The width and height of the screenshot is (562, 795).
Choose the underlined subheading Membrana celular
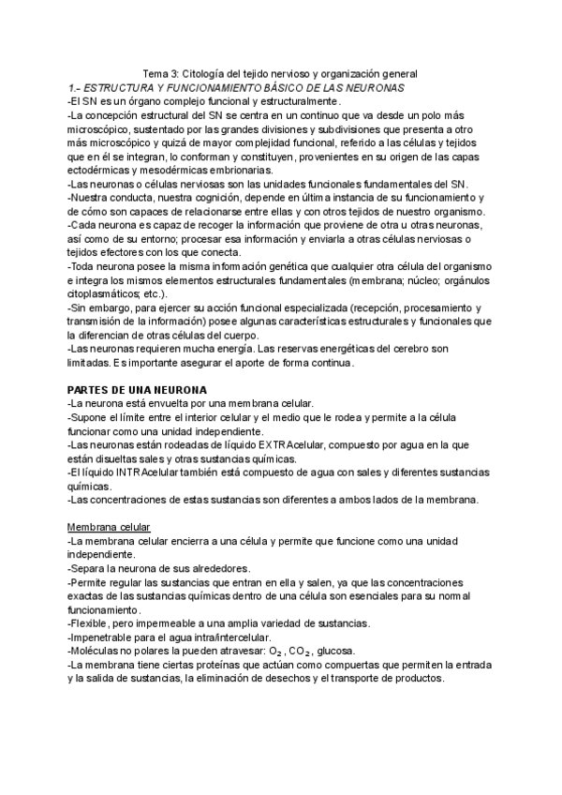tap(110, 527)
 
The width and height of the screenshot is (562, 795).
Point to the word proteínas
tap(227, 665)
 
